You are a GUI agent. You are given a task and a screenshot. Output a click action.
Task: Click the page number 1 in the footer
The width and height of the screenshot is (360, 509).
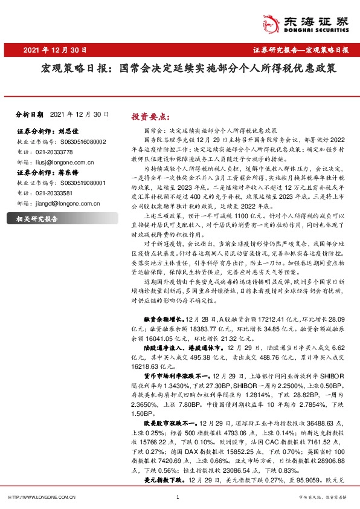tap(178, 498)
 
